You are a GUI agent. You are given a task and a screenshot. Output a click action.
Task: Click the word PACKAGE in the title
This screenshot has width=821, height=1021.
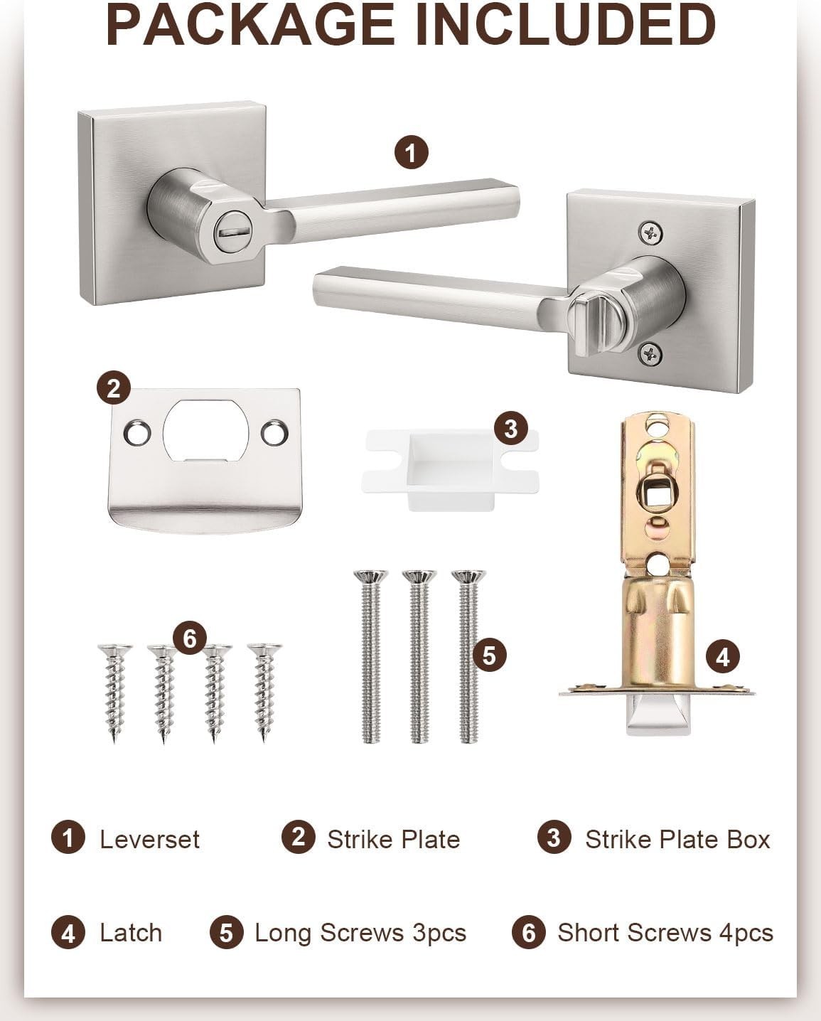click(250, 25)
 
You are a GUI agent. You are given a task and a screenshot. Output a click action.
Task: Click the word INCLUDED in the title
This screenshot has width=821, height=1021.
click(566, 25)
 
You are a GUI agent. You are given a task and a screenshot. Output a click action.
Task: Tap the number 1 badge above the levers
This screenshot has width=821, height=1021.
click(412, 152)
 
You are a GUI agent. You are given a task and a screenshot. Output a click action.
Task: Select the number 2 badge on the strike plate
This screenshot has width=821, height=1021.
click(114, 387)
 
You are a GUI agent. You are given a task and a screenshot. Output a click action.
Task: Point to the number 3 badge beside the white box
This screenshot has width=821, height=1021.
click(510, 429)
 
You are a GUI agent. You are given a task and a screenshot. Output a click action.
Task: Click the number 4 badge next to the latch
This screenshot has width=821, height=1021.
click(722, 657)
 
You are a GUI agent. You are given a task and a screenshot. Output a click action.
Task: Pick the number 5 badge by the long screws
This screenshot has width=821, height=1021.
click(489, 656)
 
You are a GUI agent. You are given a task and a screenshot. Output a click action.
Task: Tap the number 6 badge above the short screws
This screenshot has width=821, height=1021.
click(189, 638)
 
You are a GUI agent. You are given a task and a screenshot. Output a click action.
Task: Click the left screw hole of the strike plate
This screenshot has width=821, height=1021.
click(137, 432)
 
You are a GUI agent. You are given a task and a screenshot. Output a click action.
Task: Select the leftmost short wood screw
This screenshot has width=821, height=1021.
click(114, 693)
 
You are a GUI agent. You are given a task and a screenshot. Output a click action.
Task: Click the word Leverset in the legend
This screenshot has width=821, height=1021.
click(149, 839)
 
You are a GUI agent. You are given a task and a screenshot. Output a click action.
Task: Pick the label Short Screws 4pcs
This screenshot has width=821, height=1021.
click(665, 933)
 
